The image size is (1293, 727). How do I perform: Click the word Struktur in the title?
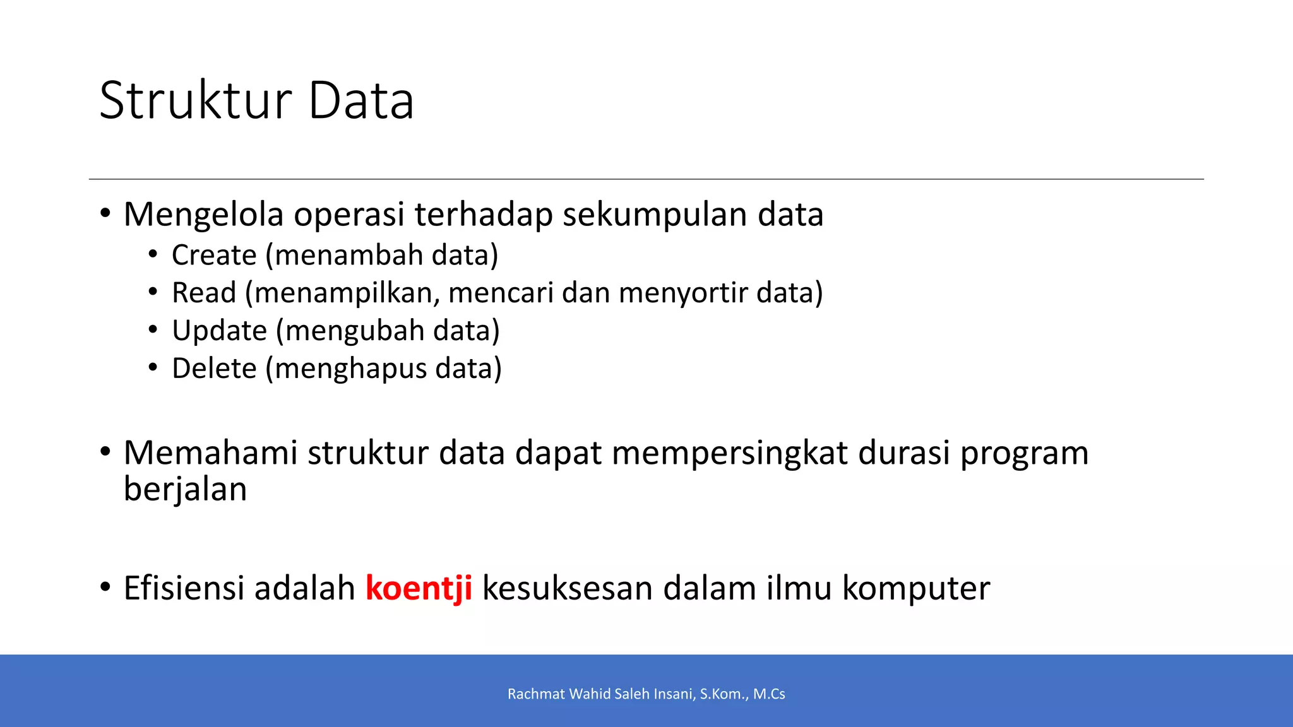coord(196,101)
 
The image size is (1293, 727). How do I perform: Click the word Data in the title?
coord(361,101)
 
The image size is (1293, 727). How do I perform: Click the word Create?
coord(214,256)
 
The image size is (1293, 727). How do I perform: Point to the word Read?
coord(204,293)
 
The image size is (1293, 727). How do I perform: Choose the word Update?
coord(219,331)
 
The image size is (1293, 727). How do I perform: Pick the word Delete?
coord(214,369)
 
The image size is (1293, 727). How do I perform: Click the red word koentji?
coord(419,588)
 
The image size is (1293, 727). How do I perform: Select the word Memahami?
coord(210,453)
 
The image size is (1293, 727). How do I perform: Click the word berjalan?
coord(185,490)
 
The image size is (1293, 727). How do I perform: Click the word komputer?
coord(915,588)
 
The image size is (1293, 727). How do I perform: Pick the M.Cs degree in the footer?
coord(769,694)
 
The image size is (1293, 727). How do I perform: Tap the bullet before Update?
coord(153,330)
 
